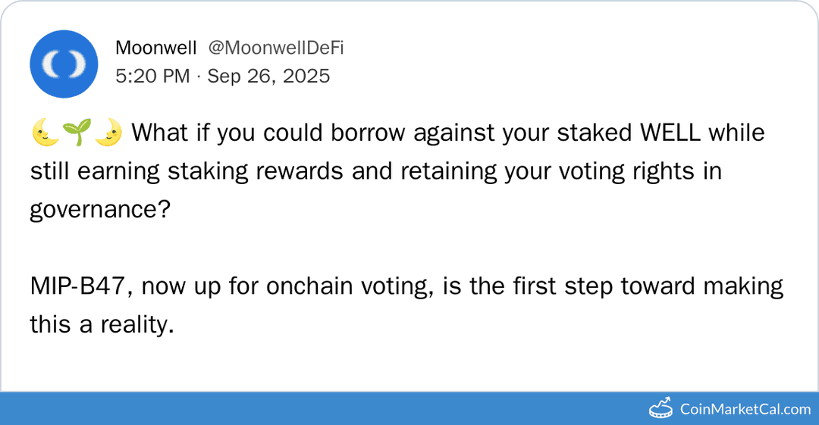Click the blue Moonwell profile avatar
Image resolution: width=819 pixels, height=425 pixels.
63,64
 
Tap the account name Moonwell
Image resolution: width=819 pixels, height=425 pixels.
155,48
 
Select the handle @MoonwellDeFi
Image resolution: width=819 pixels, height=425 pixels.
276,48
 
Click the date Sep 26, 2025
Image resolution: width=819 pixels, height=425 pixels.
268,76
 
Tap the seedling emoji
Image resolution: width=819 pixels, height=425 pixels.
77,133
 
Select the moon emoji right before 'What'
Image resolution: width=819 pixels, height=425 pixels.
108,133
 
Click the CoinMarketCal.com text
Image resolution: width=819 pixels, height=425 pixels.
745,409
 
